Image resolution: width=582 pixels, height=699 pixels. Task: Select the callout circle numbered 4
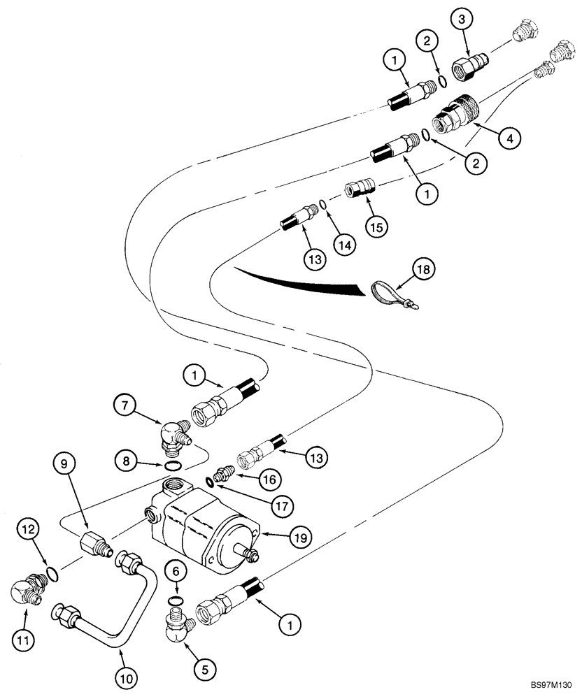point(509,139)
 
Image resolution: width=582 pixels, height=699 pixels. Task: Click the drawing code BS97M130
point(551,686)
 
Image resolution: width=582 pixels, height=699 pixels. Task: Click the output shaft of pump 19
point(248,554)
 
